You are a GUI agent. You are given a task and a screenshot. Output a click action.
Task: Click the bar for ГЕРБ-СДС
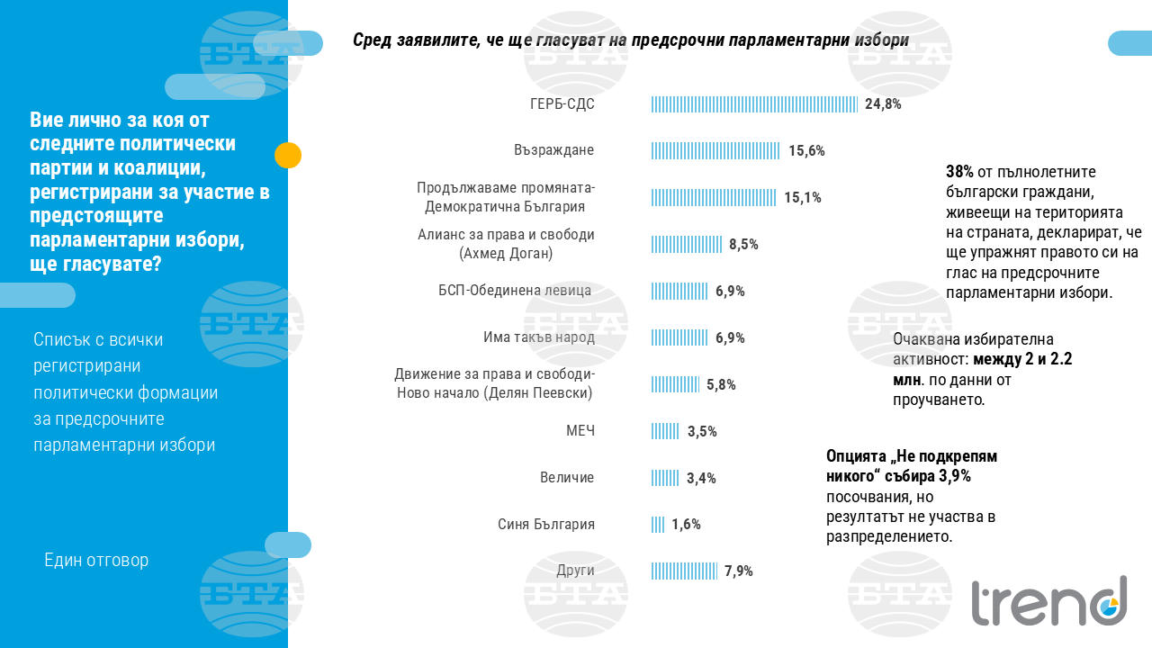[x=755, y=103]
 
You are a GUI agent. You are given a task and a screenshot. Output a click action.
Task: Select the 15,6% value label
[x=806, y=150]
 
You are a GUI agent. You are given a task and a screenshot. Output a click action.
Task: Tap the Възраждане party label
[x=554, y=150]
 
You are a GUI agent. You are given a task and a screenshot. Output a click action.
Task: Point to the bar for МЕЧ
[x=665, y=431]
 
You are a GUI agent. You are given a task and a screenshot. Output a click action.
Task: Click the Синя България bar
[x=658, y=525]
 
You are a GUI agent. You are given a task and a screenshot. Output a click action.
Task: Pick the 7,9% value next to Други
[x=738, y=571]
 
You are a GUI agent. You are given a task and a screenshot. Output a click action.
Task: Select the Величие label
[x=567, y=478]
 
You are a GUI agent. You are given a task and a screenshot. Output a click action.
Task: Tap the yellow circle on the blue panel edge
[x=288, y=156]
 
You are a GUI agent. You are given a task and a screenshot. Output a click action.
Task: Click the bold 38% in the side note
[x=959, y=171]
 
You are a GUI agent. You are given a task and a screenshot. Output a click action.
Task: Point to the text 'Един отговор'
[x=96, y=560]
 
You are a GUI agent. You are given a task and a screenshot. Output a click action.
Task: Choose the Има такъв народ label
[x=539, y=337]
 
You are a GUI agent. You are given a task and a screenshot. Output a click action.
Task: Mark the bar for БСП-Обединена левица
[x=679, y=291]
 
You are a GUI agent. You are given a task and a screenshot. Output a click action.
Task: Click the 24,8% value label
[x=883, y=103]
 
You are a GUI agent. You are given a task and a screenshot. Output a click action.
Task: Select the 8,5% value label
[x=743, y=244]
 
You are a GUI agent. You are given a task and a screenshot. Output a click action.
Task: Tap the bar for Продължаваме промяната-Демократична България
[x=714, y=197]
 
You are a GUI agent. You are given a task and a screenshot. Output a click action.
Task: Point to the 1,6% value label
[x=686, y=525]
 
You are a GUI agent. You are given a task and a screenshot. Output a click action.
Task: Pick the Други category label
[x=575, y=571]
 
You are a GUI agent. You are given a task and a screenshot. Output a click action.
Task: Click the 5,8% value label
[x=721, y=384]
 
